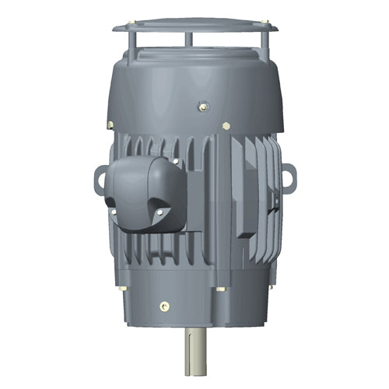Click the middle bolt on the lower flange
[x=223, y=289]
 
